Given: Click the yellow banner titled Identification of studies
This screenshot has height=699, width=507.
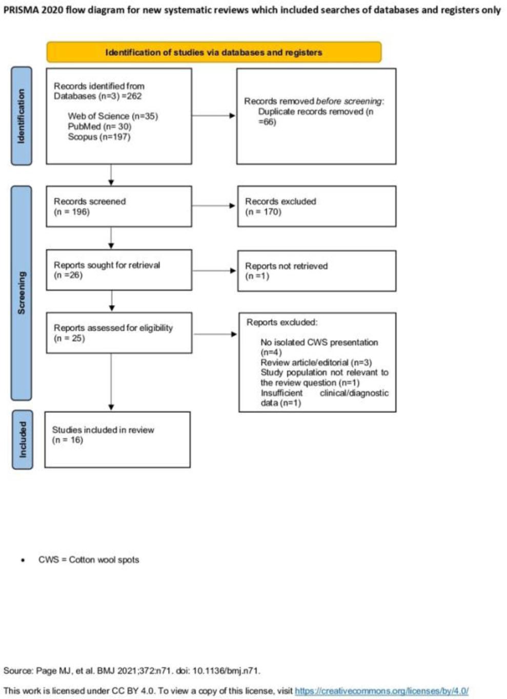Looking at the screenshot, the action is pos(214,52).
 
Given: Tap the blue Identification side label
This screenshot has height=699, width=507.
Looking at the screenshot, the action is pos(22,116).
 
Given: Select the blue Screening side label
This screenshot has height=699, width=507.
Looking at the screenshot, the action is pos(22,293).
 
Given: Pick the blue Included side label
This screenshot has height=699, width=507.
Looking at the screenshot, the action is pos(22,440).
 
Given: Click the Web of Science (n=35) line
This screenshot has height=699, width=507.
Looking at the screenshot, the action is pos(113,116).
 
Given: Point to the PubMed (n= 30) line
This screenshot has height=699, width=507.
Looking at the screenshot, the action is pos(99,126).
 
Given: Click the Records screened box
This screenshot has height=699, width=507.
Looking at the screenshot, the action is pos(119,206).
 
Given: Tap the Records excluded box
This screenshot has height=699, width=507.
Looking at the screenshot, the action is pos(317,206).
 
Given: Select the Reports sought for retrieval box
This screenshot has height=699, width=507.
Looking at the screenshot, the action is pos(119,270).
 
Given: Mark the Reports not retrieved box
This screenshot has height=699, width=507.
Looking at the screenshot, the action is pos(317,271).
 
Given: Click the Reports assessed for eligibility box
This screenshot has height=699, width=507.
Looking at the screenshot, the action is pos(119,333).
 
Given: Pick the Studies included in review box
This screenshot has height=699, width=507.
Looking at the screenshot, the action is pos(117,439).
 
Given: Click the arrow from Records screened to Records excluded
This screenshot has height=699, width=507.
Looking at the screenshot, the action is pos(213,206).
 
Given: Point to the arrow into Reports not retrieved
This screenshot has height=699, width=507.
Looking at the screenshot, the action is pos(214,270).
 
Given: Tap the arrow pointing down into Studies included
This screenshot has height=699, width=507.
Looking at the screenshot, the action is pos(111,382).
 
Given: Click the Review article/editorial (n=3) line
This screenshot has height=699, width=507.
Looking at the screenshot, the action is pos(316,363).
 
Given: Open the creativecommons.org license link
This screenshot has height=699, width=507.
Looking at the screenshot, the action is pos(381,691).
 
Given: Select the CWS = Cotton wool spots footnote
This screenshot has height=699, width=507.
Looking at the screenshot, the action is pos(89,560).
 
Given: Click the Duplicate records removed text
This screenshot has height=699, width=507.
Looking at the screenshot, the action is pos(315,117).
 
